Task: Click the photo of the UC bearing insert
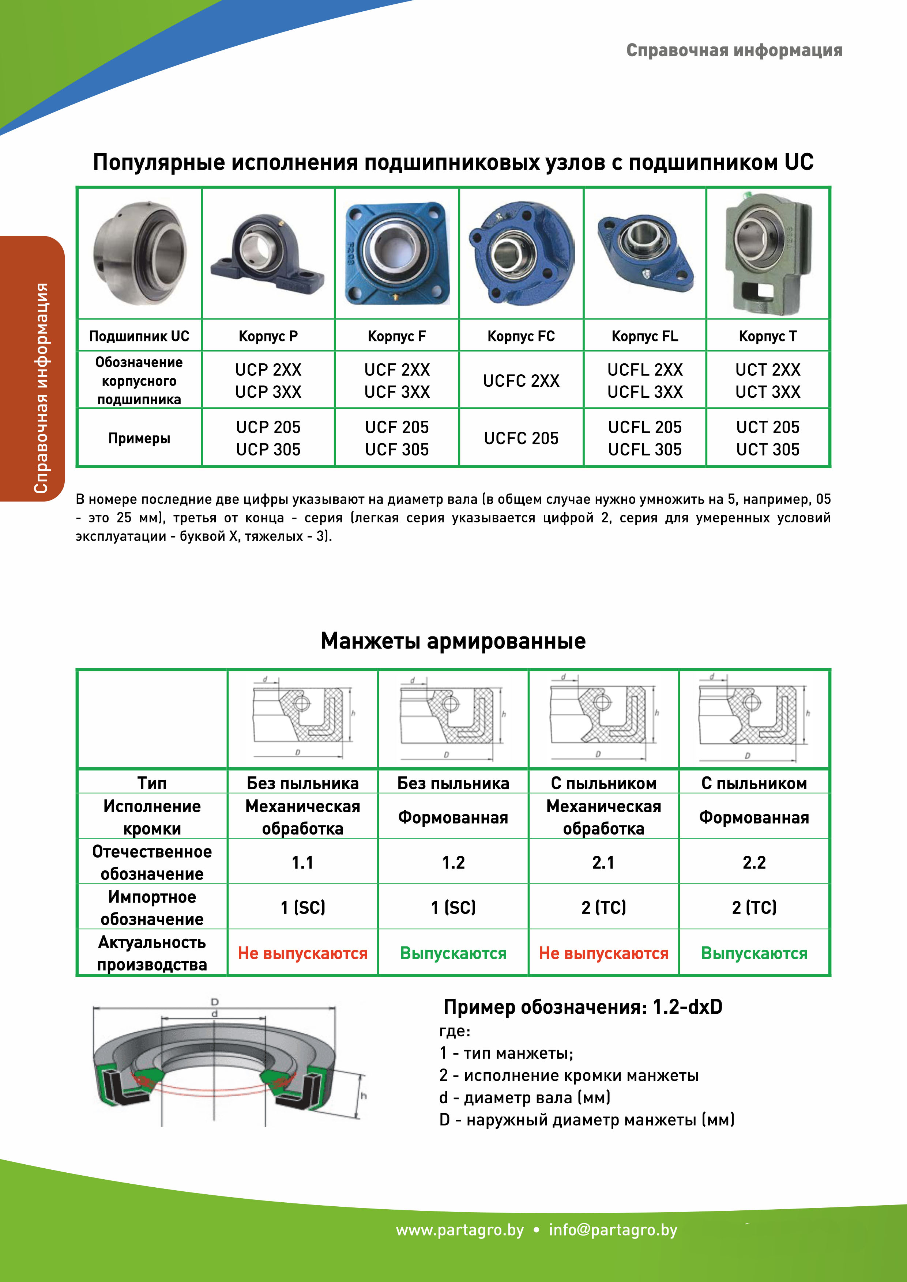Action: pyautogui.click(x=140, y=254)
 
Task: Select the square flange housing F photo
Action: pyautogui.click(x=397, y=254)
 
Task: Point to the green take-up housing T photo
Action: pyautogui.click(x=768, y=254)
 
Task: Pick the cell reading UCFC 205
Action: pyautogui.click(x=521, y=438)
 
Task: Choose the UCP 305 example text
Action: pyautogui.click(x=268, y=450)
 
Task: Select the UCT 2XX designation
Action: pyautogui.click(x=768, y=370)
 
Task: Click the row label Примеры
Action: pyautogui.click(x=139, y=438)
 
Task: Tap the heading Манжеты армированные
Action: pyautogui.click(x=453, y=641)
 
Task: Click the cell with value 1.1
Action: pyautogui.click(x=303, y=863)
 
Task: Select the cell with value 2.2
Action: pyautogui.click(x=754, y=863)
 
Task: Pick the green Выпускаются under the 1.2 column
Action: pyautogui.click(x=453, y=953)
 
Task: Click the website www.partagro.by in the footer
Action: pyautogui.click(x=460, y=1230)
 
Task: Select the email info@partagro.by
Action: pyautogui.click(x=613, y=1230)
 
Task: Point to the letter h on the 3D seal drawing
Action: pyautogui.click(x=364, y=1096)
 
